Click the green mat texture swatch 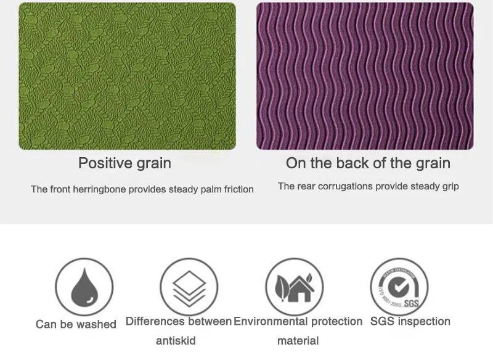click(x=128, y=76)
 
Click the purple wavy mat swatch click(x=365, y=76)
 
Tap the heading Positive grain click(x=125, y=163)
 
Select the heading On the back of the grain click(x=368, y=163)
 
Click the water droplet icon click(x=84, y=287)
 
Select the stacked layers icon click(x=189, y=288)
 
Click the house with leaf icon click(x=295, y=287)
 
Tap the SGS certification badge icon click(x=399, y=287)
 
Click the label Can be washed click(x=76, y=324)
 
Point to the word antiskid click(x=176, y=340)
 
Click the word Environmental click(x=271, y=321)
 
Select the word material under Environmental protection click(x=298, y=340)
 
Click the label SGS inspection click(x=410, y=321)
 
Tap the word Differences click(x=155, y=321)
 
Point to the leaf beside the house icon click(x=282, y=287)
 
